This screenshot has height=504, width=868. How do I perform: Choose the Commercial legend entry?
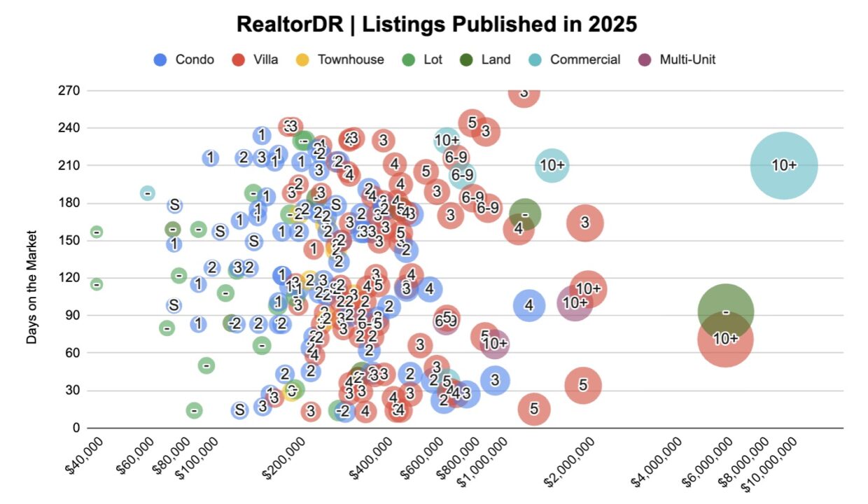point(575,59)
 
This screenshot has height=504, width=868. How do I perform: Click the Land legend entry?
point(485,59)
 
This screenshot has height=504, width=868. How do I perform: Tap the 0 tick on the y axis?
point(76,427)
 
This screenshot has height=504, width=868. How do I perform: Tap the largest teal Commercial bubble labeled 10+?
point(783,165)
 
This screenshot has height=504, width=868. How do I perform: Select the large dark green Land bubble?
point(726,311)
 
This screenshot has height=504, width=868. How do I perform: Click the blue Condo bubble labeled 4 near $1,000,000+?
point(529,305)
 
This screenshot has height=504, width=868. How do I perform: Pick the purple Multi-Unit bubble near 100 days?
point(574,303)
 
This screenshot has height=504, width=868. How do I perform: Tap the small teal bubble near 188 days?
point(147,192)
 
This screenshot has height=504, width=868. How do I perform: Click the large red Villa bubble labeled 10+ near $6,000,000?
point(725,339)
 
